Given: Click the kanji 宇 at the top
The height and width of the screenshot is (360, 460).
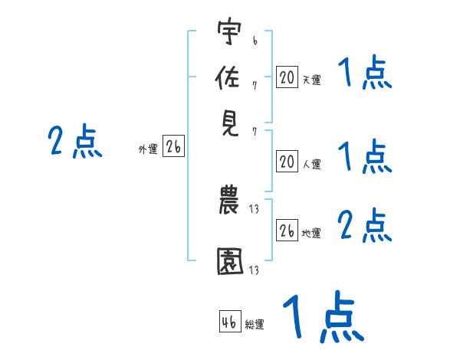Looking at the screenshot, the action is (229, 31).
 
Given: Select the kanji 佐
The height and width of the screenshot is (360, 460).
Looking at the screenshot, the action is (228, 77).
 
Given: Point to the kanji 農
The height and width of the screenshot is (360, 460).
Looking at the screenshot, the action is (228, 199).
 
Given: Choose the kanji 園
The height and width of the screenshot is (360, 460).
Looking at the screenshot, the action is (230, 261).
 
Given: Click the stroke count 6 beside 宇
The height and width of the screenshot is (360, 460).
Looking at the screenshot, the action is (255, 41).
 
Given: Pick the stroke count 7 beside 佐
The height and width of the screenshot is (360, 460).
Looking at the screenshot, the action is (255, 86).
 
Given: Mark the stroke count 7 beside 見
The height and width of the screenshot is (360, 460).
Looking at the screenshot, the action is (255, 132).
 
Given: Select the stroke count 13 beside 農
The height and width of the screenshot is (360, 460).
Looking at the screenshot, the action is (254, 209).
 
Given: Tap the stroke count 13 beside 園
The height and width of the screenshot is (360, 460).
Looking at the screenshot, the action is (254, 270).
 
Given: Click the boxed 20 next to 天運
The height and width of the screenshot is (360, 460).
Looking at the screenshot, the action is (287, 77).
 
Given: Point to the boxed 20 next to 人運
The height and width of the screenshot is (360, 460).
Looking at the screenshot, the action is (287, 162).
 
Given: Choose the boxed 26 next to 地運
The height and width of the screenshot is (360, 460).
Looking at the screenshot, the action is (287, 230).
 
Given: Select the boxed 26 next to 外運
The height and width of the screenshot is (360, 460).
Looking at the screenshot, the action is (173, 146).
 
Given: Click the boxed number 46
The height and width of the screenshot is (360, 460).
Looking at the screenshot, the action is (230, 321).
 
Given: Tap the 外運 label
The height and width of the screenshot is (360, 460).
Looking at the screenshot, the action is (148, 149).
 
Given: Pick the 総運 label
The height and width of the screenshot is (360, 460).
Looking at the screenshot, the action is (255, 324).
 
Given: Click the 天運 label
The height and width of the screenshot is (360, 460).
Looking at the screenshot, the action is (312, 80).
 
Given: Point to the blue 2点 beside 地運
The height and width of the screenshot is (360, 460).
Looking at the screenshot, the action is (364, 224).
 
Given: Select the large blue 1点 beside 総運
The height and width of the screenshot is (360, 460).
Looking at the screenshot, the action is (324, 316).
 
